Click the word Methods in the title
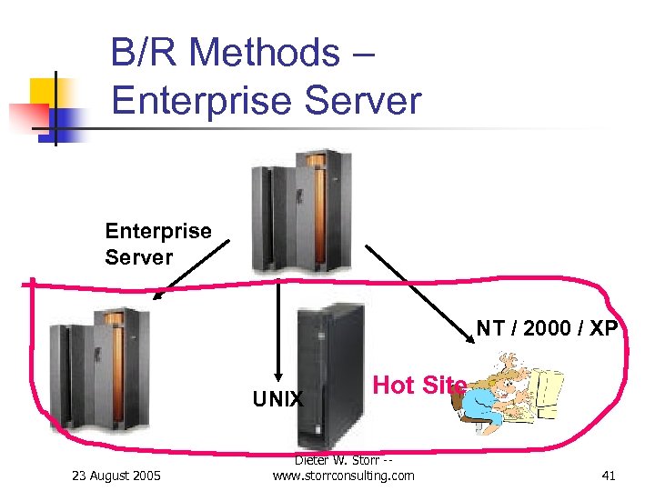264,53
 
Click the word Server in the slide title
364,100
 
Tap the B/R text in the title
146,53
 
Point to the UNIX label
277,399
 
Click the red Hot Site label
419,385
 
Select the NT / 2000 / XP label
547,329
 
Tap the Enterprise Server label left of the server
157,244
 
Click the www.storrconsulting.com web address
343,476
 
